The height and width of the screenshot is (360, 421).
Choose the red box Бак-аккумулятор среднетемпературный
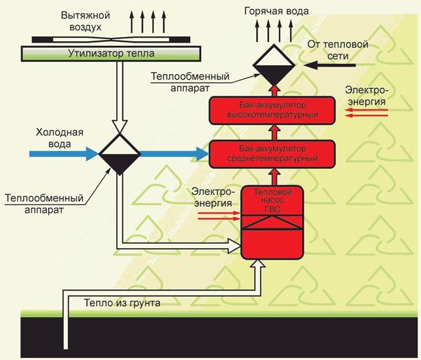[275, 153]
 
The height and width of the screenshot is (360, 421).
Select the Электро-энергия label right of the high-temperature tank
[367, 96]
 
